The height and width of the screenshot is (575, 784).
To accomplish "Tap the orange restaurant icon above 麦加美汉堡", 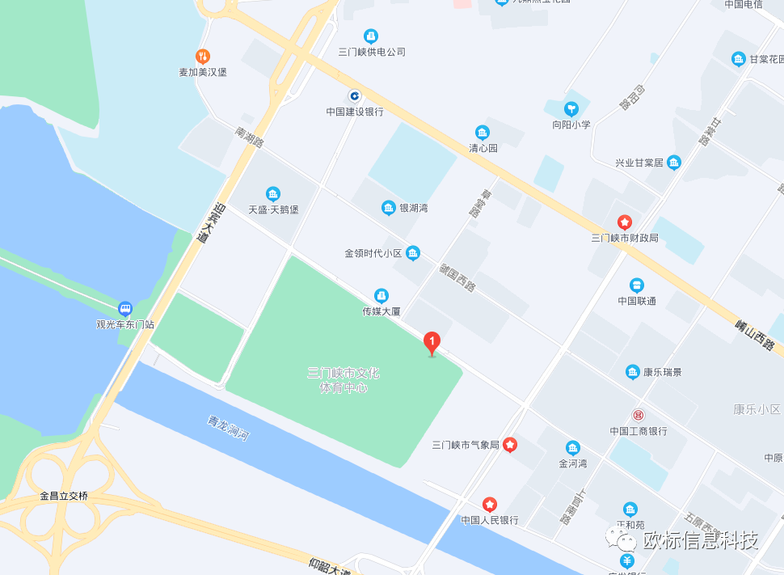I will click(203, 56).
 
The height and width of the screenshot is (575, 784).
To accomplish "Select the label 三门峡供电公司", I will click(372, 52).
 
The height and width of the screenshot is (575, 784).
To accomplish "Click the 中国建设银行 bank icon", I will click(354, 95).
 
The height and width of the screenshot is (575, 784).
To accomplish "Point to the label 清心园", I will click(483, 148).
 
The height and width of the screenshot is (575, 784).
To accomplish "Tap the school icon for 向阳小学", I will click(571, 108).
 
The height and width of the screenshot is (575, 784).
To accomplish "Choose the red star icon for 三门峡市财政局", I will click(624, 222).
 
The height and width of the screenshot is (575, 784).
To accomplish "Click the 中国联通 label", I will click(637, 301).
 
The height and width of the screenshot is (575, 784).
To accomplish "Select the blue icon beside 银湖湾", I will click(389, 208).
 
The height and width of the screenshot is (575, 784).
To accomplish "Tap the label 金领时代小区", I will click(373, 253).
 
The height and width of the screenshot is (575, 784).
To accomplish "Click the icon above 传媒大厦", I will click(381, 295).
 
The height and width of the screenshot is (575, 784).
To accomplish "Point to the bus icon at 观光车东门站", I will click(124, 308).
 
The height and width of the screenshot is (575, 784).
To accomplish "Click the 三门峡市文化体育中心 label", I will click(344, 380).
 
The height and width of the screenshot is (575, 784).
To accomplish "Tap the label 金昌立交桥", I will click(64, 496).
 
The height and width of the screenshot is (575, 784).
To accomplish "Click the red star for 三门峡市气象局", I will click(510, 444).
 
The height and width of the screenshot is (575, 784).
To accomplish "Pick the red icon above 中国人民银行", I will click(490, 504).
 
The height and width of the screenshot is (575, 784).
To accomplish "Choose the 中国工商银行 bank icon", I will click(639, 415).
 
